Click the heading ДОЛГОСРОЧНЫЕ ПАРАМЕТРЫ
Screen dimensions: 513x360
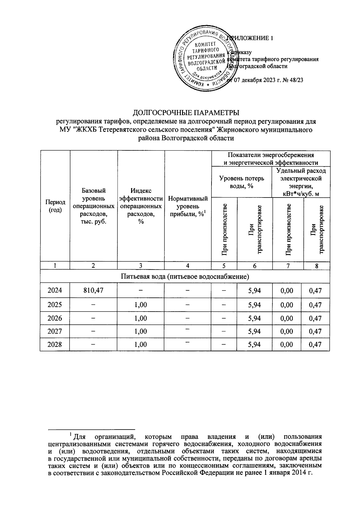[186, 113]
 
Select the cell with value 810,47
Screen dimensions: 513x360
[94, 291]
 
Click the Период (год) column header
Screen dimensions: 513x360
[55, 206]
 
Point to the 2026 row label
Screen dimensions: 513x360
[55, 318]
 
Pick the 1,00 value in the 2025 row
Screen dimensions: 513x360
[141, 305]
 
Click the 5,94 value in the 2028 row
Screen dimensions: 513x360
[254, 344]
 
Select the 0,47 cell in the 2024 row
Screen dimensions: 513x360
[317, 291]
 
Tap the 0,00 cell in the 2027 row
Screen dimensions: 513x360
[288, 331]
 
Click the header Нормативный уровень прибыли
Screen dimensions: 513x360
[188, 206]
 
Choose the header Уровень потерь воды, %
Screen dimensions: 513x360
[242, 182]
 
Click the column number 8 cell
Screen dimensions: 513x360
[317, 266]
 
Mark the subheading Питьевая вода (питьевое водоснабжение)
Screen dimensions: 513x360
[185, 276]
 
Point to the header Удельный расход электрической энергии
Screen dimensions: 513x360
[301, 182]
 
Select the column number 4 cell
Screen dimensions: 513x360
[188, 266]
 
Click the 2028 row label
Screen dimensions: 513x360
[55, 344]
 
